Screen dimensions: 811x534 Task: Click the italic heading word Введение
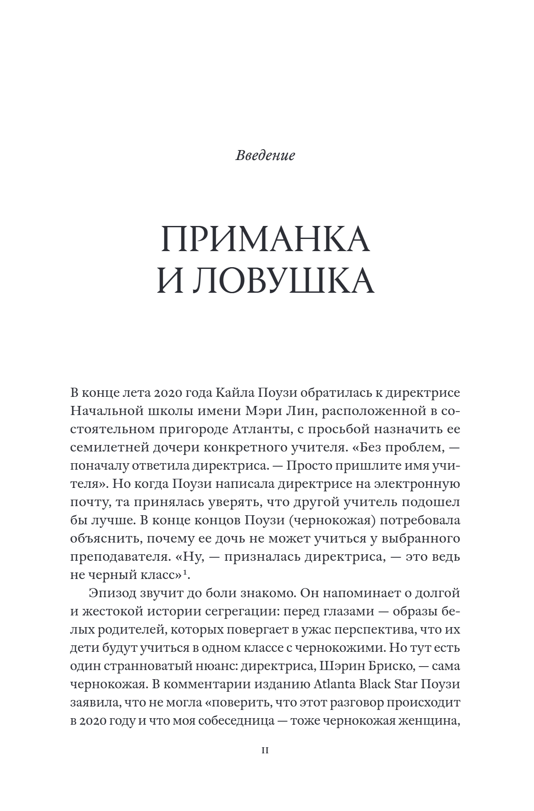pos(265,155)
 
